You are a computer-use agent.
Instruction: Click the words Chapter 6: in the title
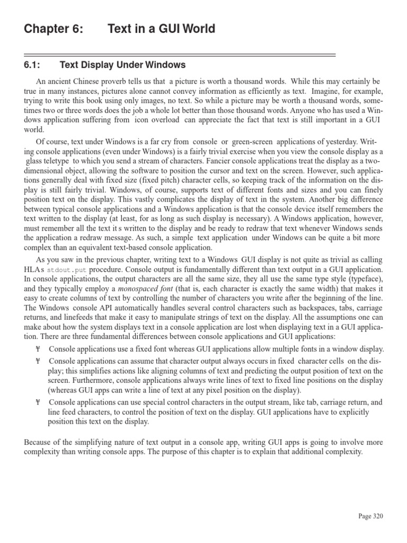(54, 29)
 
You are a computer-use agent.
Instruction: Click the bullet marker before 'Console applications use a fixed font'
(38, 349)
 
